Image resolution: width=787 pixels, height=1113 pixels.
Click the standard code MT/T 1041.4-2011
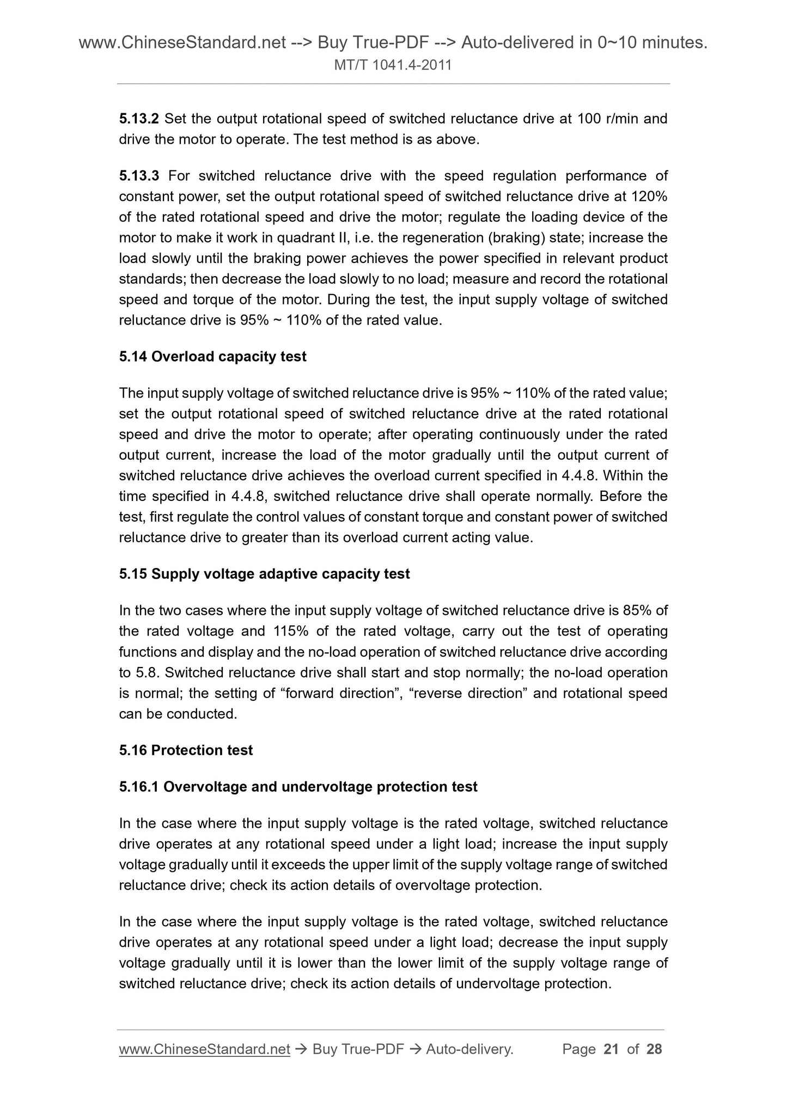pyautogui.click(x=393, y=66)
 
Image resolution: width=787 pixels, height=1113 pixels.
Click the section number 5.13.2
pyautogui.click(x=139, y=119)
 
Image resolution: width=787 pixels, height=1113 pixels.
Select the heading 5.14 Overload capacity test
pyautogui.click(x=212, y=357)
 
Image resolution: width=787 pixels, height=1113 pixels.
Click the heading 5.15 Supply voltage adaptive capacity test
pyautogui.click(x=264, y=574)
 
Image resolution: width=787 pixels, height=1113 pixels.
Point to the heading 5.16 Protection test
pyautogui.click(x=186, y=750)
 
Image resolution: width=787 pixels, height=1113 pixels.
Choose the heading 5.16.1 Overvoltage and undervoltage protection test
pyautogui.click(x=298, y=787)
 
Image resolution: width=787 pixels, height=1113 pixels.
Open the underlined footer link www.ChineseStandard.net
pyautogui.click(x=204, y=1049)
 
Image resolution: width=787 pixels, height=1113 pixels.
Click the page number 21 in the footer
pyautogui.click(x=611, y=1049)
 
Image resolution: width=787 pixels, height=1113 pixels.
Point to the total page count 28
pyautogui.click(x=654, y=1049)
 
